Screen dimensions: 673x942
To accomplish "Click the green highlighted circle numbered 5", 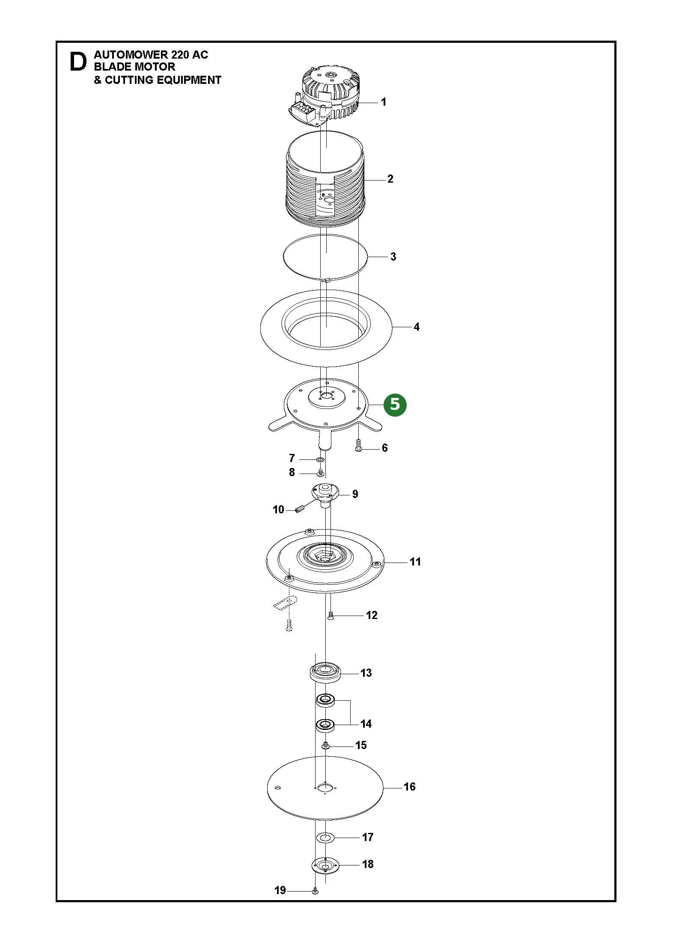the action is pyautogui.click(x=395, y=404).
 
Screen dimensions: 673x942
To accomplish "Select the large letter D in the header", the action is pyautogui.click(x=78, y=62).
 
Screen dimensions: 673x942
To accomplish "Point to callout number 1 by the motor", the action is pyautogui.click(x=384, y=102).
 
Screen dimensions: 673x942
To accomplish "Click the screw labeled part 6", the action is pyautogui.click(x=358, y=445).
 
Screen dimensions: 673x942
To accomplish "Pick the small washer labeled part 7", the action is pyautogui.click(x=320, y=459).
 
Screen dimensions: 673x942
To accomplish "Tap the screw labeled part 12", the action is pyautogui.click(x=331, y=616).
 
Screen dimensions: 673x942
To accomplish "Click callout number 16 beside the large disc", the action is pyautogui.click(x=409, y=787).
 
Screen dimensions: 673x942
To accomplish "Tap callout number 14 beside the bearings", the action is pyautogui.click(x=366, y=724).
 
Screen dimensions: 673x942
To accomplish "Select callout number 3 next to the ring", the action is pyautogui.click(x=393, y=257).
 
